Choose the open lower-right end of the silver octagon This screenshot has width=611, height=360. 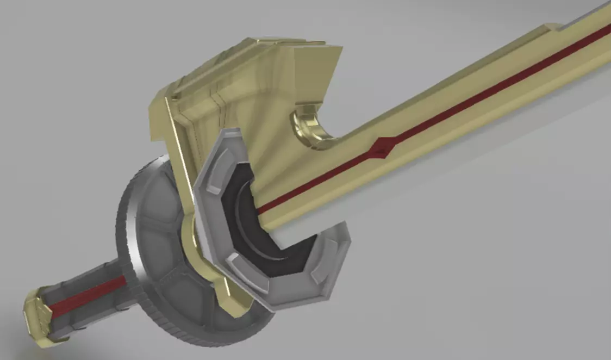click(332, 256)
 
